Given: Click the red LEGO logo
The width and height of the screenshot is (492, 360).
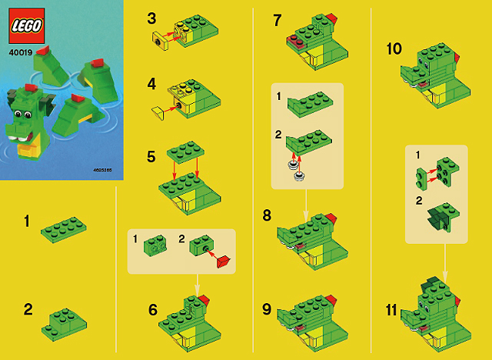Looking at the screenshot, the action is (27, 25).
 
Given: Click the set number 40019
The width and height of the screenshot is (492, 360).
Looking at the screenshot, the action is (21, 52).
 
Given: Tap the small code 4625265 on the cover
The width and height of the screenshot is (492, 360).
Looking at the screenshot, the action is (102, 170).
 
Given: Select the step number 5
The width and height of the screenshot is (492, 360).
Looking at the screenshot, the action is (151, 157).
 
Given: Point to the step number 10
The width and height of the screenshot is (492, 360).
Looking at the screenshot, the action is (394, 49).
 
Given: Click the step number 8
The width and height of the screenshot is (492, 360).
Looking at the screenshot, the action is (267, 215).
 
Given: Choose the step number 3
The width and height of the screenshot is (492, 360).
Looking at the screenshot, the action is (151, 18).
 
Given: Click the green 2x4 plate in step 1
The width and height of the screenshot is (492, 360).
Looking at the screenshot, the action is (64, 229).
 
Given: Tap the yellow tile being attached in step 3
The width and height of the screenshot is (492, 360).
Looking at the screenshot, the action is (161, 41).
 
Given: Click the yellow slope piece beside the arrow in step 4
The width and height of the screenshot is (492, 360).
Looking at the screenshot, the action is (158, 113).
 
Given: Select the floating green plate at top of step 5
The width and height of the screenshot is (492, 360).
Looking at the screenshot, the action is (185, 152).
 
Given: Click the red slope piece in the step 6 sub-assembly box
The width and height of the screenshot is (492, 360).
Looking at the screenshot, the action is (224, 262).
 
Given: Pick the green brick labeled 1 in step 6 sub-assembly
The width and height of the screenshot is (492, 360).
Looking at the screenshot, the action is (155, 245).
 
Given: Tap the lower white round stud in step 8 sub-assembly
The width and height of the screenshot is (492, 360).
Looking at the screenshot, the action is (298, 176).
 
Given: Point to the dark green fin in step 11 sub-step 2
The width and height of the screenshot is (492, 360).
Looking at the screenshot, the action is (436, 218).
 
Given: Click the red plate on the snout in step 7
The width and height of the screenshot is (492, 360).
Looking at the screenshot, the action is (295, 42).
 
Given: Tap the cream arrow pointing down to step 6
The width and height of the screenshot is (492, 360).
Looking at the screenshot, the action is (197, 285).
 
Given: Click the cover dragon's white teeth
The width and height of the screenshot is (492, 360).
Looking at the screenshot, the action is (18, 138).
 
